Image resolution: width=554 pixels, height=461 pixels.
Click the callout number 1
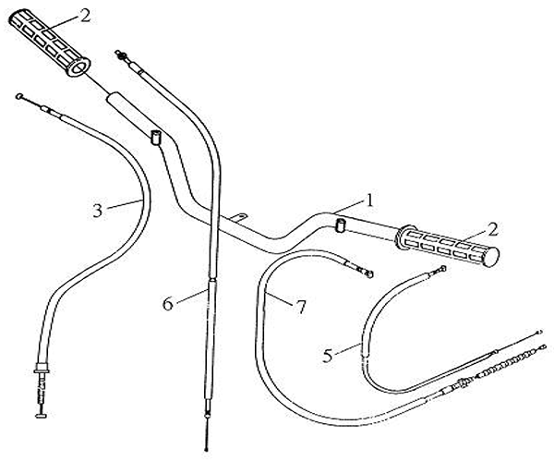point(369,199)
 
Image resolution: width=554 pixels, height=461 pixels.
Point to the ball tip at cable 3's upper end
point(20,95)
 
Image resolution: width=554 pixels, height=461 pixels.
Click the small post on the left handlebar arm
point(154,138)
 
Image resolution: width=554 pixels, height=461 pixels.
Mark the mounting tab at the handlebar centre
point(239,218)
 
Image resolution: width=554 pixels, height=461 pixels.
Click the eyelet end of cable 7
point(368,273)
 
